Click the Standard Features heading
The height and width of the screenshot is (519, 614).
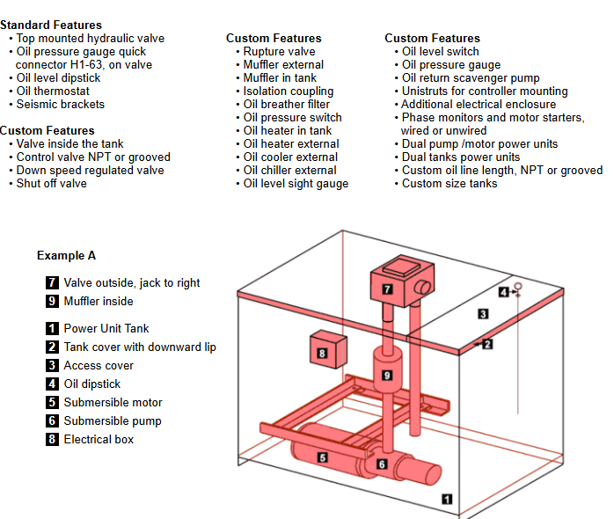point(51,25)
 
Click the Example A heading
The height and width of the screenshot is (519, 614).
point(66,255)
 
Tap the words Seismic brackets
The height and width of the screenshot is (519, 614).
point(61,104)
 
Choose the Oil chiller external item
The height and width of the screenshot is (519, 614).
point(290,170)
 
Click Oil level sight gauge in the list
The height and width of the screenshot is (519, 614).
point(296,183)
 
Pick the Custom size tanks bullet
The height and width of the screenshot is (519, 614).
point(450,183)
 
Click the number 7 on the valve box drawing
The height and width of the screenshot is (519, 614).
point(387,289)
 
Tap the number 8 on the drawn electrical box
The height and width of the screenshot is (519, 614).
point(322,354)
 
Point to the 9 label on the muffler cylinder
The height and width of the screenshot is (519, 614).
point(386,376)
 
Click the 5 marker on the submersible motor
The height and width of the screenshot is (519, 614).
point(322,457)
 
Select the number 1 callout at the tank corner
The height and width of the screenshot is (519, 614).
point(447,499)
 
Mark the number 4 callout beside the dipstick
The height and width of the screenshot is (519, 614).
point(503,292)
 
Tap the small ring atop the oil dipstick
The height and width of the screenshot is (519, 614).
point(518,286)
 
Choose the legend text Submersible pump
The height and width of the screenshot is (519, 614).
point(113,420)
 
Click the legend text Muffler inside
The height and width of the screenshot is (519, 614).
point(99,301)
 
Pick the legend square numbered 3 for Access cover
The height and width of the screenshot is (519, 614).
point(53,365)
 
